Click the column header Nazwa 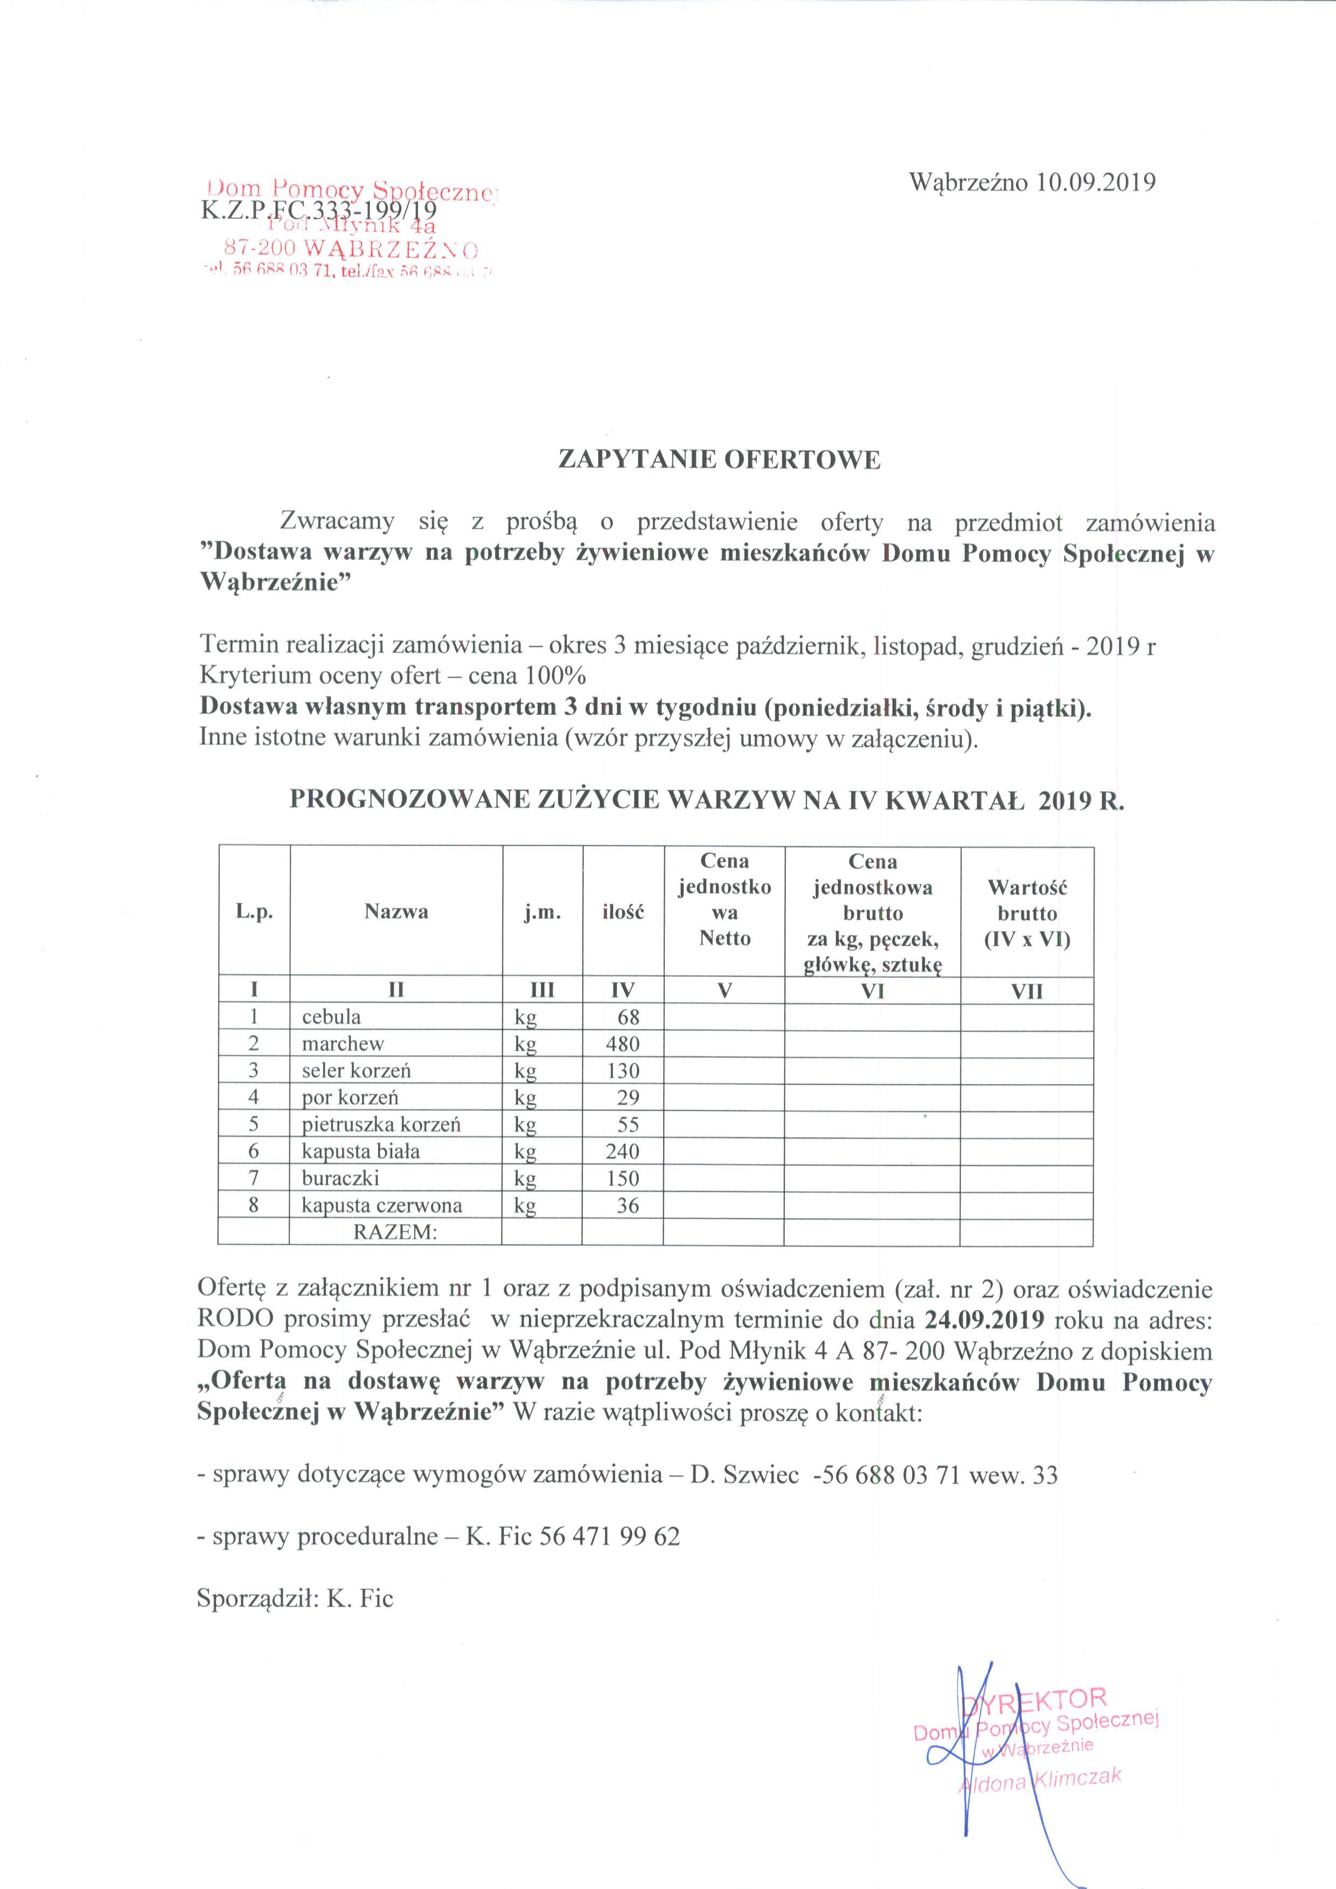point(396,911)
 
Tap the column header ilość point(623,911)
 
